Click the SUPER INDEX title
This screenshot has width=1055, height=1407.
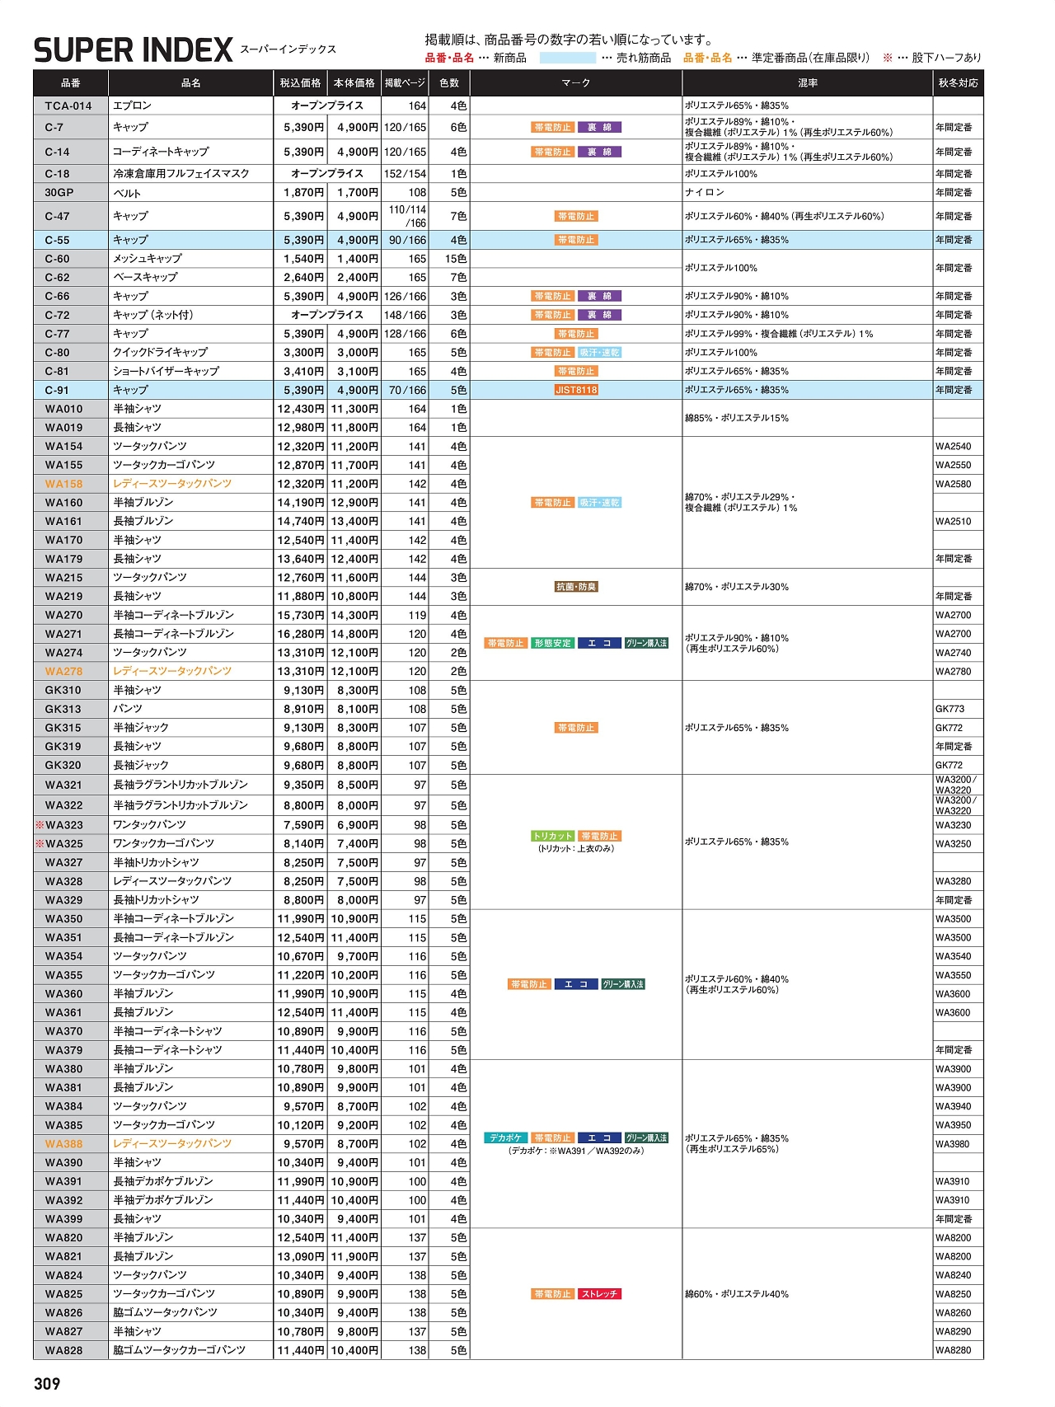[x=133, y=51]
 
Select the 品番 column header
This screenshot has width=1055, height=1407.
[x=71, y=83]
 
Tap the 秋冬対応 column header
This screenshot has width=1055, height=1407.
[x=958, y=83]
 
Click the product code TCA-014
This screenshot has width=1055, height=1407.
[x=68, y=106]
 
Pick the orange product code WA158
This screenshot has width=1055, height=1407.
[x=64, y=484]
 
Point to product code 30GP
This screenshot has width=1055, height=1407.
[x=59, y=193]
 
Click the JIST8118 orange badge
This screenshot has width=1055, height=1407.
[x=576, y=390]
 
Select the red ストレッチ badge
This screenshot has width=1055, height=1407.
[x=599, y=1294]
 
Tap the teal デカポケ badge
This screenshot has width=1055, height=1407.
[x=505, y=1137]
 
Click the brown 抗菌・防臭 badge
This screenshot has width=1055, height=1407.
[x=576, y=587]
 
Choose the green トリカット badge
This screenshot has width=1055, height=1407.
[x=552, y=836]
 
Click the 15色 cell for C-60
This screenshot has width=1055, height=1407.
[x=456, y=259]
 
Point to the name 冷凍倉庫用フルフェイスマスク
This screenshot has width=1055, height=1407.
[x=181, y=174]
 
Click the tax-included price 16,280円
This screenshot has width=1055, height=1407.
[x=301, y=634]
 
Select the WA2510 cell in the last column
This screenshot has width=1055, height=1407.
[x=954, y=521]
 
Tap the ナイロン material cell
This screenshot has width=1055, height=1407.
[x=705, y=193]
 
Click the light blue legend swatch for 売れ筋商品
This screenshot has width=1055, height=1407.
[x=567, y=58]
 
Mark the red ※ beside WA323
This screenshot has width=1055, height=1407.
[x=40, y=825]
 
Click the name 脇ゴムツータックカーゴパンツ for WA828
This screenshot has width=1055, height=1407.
[x=180, y=1350]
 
